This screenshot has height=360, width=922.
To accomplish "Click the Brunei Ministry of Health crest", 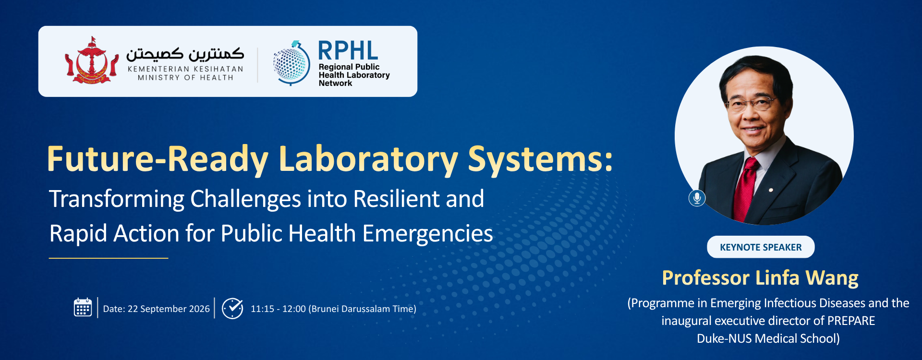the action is [x=92, y=60].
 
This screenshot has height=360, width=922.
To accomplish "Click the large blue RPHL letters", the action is [x=348, y=50].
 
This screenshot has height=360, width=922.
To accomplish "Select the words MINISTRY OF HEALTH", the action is [x=185, y=78].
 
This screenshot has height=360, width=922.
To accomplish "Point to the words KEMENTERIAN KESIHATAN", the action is [x=185, y=69].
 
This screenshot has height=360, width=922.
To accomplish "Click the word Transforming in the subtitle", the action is [x=117, y=199].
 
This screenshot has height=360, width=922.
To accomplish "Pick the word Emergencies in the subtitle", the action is [x=427, y=234].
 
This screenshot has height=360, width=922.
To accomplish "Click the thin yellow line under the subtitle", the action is [x=109, y=258].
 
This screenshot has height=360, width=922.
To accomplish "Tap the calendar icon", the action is [x=83, y=308].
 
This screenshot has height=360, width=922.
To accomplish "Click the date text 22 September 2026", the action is [x=169, y=309].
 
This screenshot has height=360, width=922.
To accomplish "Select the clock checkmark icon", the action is [x=232, y=308].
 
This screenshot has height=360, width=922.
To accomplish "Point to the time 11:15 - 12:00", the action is [x=278, y=309].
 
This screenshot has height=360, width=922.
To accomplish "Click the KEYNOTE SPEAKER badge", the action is [x=761, y=247].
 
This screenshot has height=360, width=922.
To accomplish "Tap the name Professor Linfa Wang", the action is [x=760, y=278].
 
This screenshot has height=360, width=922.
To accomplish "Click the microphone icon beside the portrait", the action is [x=697, y=197].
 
